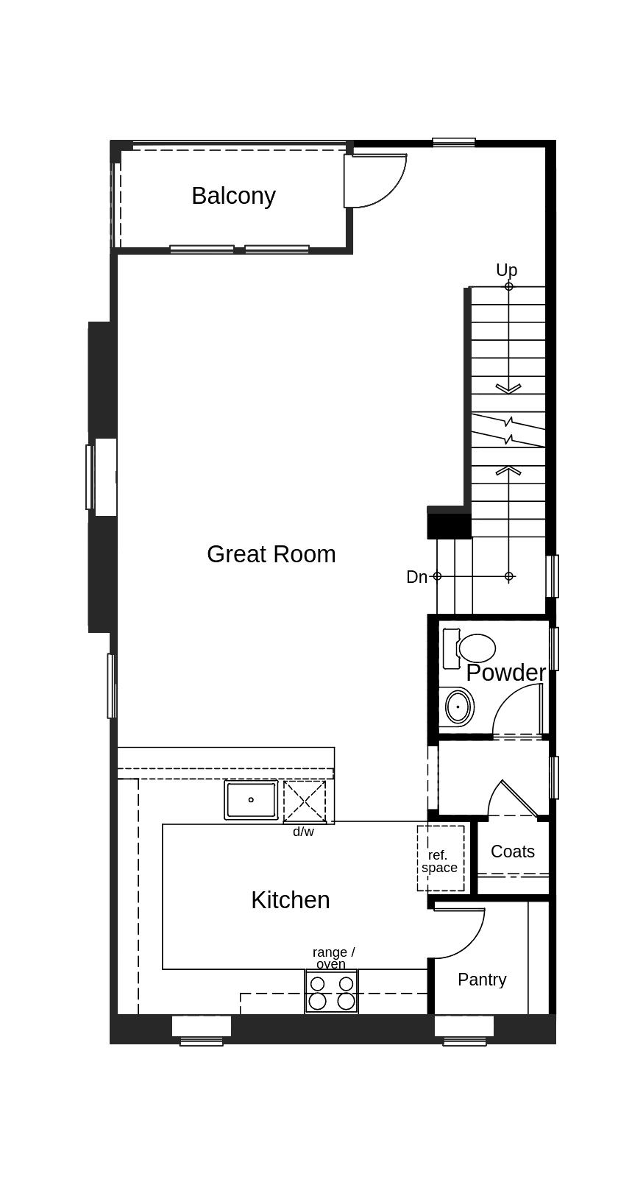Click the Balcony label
pyautogui.click(x=233, y=196)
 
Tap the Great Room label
pyautogui.click(x=271, y=554)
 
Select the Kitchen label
pyautogui.click(x=290, y=900)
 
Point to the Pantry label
pyautogui.click(x=482, y=980)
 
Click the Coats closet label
pyautogui.click(x=512, y=852)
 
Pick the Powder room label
pyautogui.click(x=505, y=673)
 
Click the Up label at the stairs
pyautogui.click(x=506, y=270)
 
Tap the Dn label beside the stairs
pyautogui.click(x=416, y=577)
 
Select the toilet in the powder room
pyautogui.click(x=471, y=648)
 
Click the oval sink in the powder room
pyautogui.click(x=458, y=707)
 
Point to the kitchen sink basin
pyautogui.click(x=251, y=800)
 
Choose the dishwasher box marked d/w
pyautogui.click(x=305, y=801)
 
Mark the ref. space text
pyautogui.click(x=439, y=861)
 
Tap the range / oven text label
pyautogui.click(x=333, y=957)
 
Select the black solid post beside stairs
pyautogui.click(x=449, y=525)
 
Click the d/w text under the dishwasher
pyautogui.click(x=303, y=832)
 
